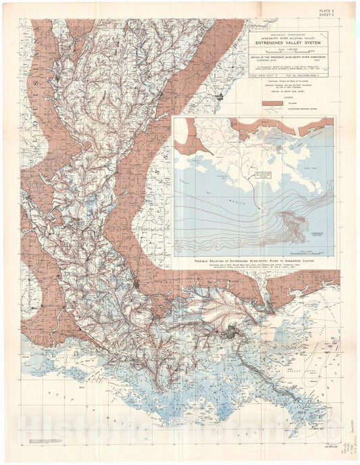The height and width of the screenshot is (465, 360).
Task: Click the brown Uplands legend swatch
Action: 272,102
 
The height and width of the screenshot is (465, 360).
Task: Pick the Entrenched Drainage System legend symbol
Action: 272,108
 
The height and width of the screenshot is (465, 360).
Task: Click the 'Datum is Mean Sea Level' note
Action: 292,92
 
